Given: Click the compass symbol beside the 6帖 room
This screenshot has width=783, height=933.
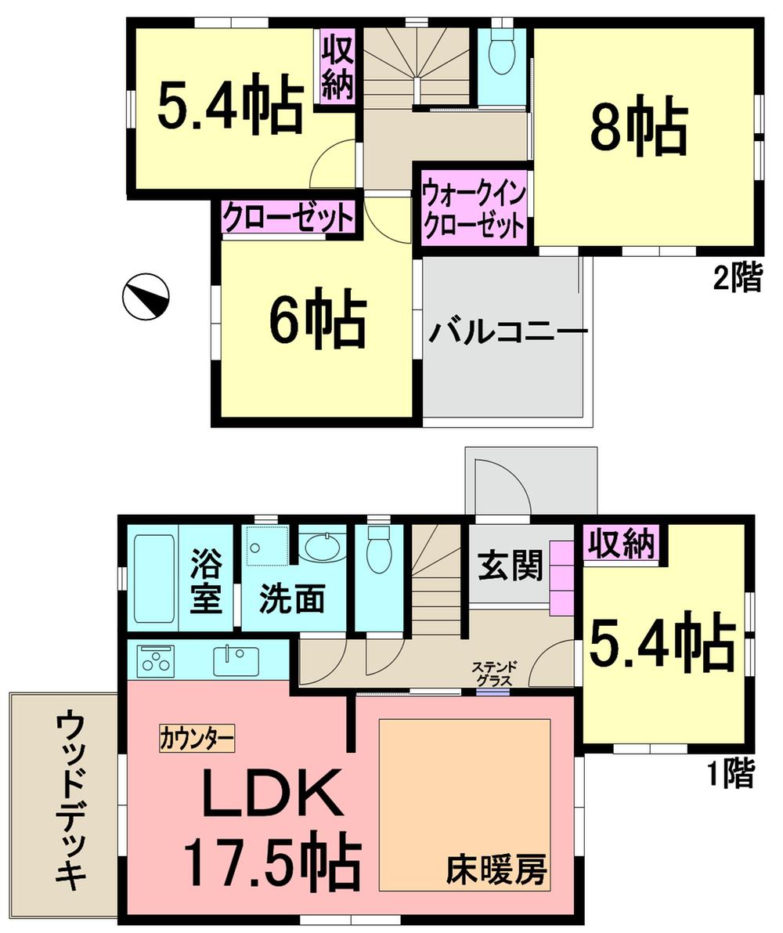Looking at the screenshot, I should (x=146, y=297).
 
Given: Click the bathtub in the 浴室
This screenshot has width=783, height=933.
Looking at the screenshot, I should (x=154, y=578).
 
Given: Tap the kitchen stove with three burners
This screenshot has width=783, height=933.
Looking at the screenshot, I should (x=157, y=661).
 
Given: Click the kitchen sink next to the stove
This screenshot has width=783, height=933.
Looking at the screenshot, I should (x=234, y=660).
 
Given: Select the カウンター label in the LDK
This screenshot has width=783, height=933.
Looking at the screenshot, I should (x=197, y=738).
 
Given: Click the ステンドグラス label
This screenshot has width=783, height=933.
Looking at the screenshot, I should (x=492, y=674).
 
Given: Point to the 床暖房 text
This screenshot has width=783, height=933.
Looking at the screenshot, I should (x=496, y=869).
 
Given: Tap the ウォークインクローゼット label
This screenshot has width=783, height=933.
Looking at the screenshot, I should (x=473, y=210).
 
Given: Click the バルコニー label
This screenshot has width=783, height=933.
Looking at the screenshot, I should (x=507, y=332).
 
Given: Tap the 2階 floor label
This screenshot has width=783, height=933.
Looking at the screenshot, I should (x=736, y=278).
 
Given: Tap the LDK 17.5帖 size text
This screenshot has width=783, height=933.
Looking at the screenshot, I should (x=272, y=826).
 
